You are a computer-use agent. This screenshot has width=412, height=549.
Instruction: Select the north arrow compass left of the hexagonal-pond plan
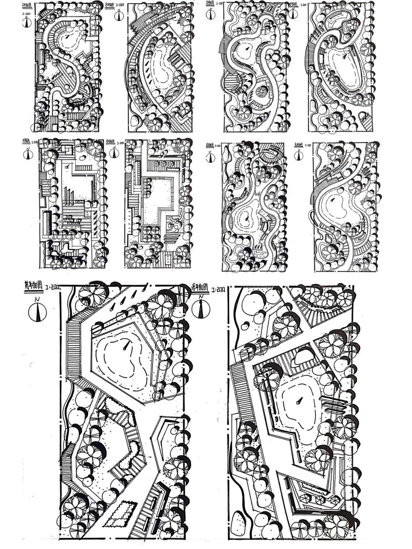[x=38, y=311]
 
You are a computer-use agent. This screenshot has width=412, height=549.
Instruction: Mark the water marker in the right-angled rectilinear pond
[x=67, y=167]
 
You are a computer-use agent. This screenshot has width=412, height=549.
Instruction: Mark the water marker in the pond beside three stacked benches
[x=299, y=401]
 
